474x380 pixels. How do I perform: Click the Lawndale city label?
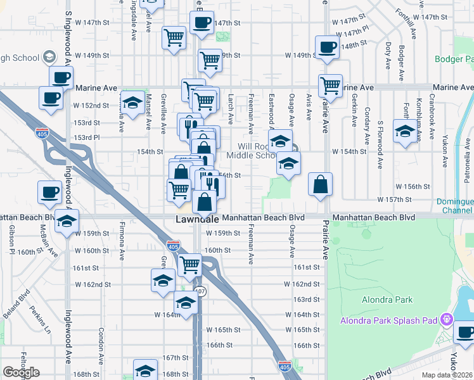click(x=197, y=219)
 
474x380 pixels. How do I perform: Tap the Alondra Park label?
click(x=387, y=300)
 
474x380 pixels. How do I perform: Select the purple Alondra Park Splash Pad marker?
click(x=447, y=319)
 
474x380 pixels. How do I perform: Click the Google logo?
click(x=21, y=372)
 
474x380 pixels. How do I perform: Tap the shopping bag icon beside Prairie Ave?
click(x=321, y=184)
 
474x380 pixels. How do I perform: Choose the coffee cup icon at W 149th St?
click(x=328, y=47)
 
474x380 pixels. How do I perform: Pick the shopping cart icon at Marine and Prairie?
click(x=330, y=85)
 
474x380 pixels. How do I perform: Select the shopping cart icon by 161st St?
click(x=189, y=266)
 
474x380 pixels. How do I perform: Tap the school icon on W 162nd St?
click(x=163, y=279)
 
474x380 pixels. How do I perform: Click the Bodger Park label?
click(x=454, y=60)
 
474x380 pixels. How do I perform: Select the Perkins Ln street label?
click(x=40, y=321)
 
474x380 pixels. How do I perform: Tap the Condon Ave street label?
click(x=101, y=342)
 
